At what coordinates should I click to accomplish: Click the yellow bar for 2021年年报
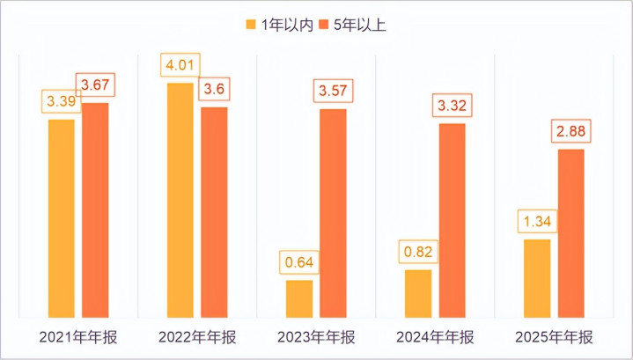pos(62,217)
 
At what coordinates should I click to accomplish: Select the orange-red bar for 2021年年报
pos(95,209)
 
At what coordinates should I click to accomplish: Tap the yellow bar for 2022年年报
pos(180,199)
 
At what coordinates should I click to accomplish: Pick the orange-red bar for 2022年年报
pos(214,210)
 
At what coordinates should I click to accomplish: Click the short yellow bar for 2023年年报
pos(299,298)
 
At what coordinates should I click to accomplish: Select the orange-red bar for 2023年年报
pos(333,211)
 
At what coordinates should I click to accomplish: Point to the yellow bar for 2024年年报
pos(418,292)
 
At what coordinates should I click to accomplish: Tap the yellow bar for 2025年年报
pos(537,276)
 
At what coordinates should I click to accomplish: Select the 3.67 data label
pos(96,85)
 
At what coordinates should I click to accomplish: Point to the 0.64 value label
pos(299,262)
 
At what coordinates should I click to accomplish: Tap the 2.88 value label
pos(571,132)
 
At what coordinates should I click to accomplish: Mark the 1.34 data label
pos(537,221)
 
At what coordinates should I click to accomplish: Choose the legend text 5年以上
pos(360,25)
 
